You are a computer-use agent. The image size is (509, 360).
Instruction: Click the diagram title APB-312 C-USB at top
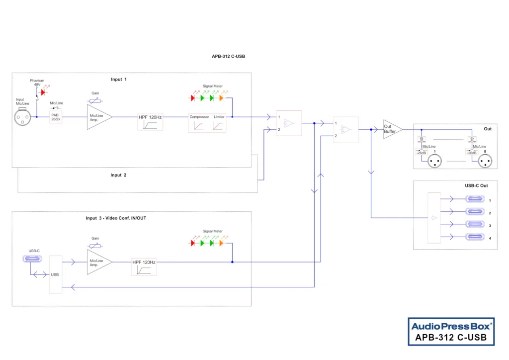click(228, 56)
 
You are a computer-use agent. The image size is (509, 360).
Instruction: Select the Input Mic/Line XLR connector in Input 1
click(22, 117)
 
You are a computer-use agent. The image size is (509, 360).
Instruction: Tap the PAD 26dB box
click(55, 117)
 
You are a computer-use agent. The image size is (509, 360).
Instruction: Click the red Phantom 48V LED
click(43, 92)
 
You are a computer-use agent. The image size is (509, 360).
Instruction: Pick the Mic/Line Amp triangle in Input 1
click(97, 117)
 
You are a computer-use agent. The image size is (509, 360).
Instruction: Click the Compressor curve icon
click(198, 126)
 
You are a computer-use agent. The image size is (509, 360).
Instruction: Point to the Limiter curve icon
click(219, 126)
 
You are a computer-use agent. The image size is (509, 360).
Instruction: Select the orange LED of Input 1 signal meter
click(221, 98)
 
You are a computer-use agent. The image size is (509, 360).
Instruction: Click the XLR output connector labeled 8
click(485, 162)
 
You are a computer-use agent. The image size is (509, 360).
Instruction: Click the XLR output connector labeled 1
click(435, 162)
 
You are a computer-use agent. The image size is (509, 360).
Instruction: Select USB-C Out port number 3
click(475, 224)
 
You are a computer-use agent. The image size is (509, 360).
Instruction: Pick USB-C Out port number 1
click(475, 199)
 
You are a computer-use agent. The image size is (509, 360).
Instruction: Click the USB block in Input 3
click(55, 274)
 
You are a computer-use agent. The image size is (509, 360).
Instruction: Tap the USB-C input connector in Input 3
click(33, 259)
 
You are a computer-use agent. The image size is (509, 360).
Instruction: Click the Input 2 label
click(118, 175)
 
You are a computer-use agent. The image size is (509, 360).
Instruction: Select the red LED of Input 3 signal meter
click(193, 243)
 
